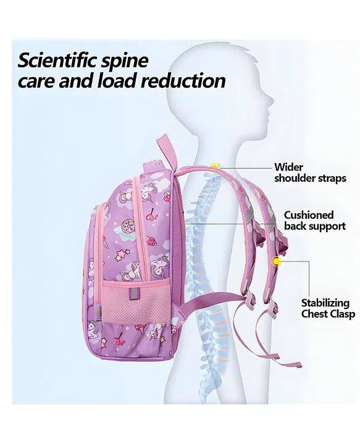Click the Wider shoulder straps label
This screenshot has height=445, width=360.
310,172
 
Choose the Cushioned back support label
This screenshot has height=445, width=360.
315,221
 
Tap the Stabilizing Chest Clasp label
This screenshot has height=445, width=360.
328,308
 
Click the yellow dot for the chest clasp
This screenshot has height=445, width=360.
275,260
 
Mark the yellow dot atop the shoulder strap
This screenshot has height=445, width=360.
215,166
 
